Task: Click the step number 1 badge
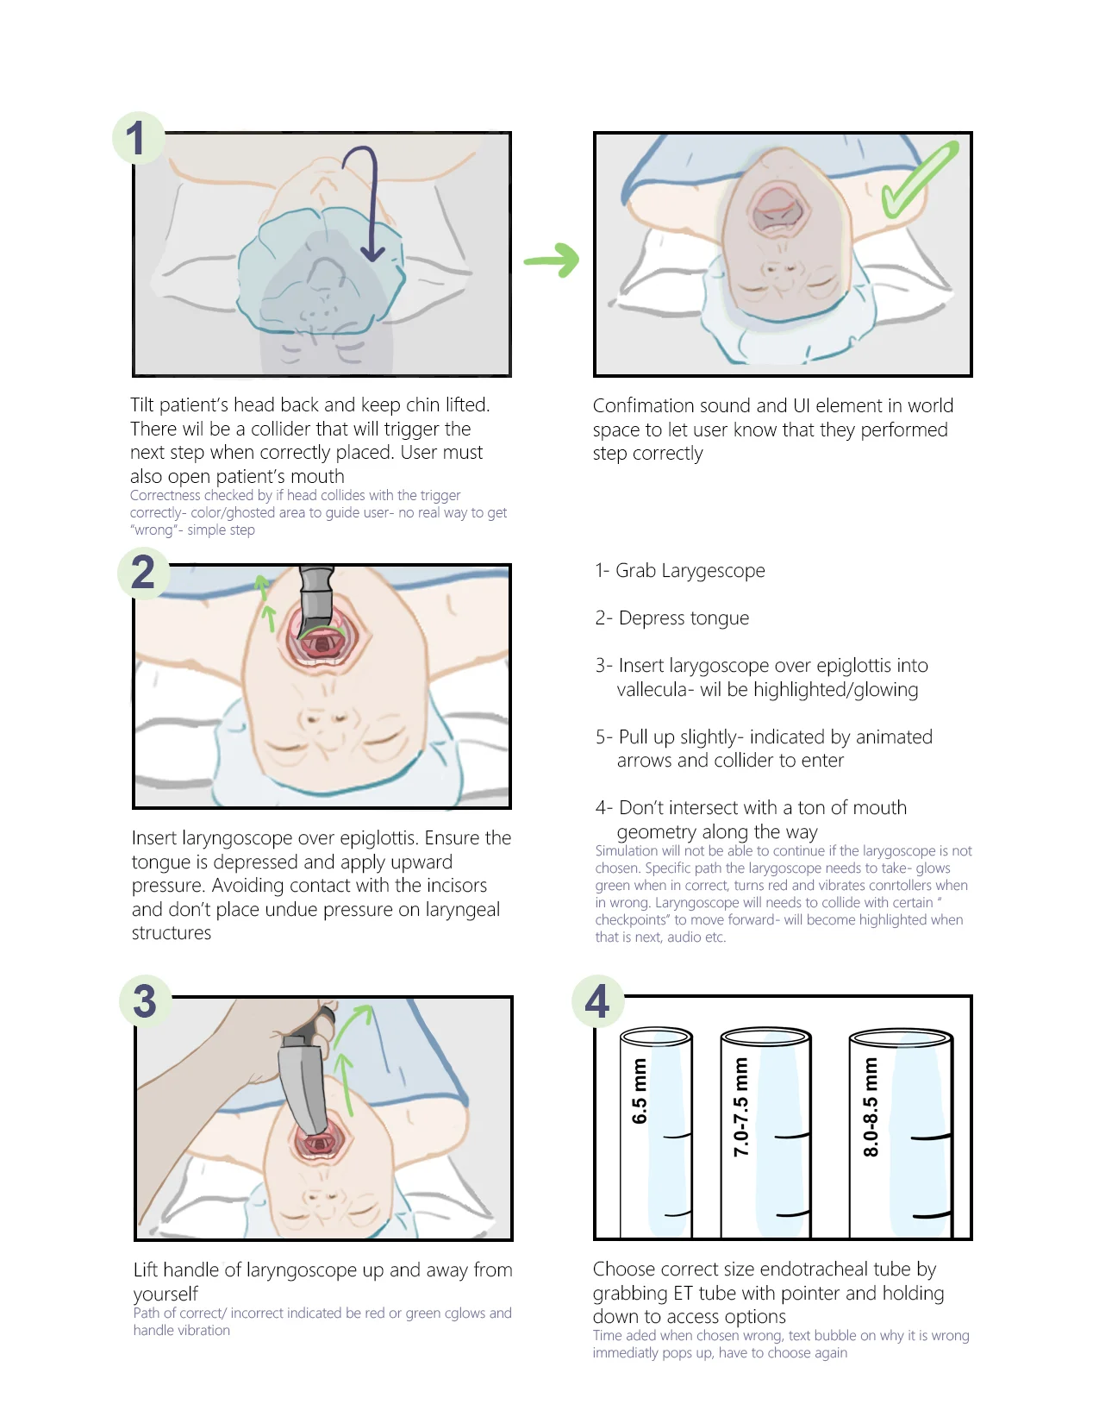(x=137, y=138)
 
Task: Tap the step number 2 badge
(x=143, y=573)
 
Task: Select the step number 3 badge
(x=145, y=1001)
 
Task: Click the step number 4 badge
(x=597, y=1001)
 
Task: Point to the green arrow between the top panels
(x=553, y=260)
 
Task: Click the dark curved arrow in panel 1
(x=369, y=198)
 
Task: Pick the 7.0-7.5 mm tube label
(x=740, y=1106)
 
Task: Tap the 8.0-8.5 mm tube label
(x=871, y=1106)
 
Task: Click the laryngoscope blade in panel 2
(x=316, y=604)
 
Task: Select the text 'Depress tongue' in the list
(x=684, y=618)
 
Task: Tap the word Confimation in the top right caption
(x=644, y=406)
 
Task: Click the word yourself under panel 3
(x=165, y=1294)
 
